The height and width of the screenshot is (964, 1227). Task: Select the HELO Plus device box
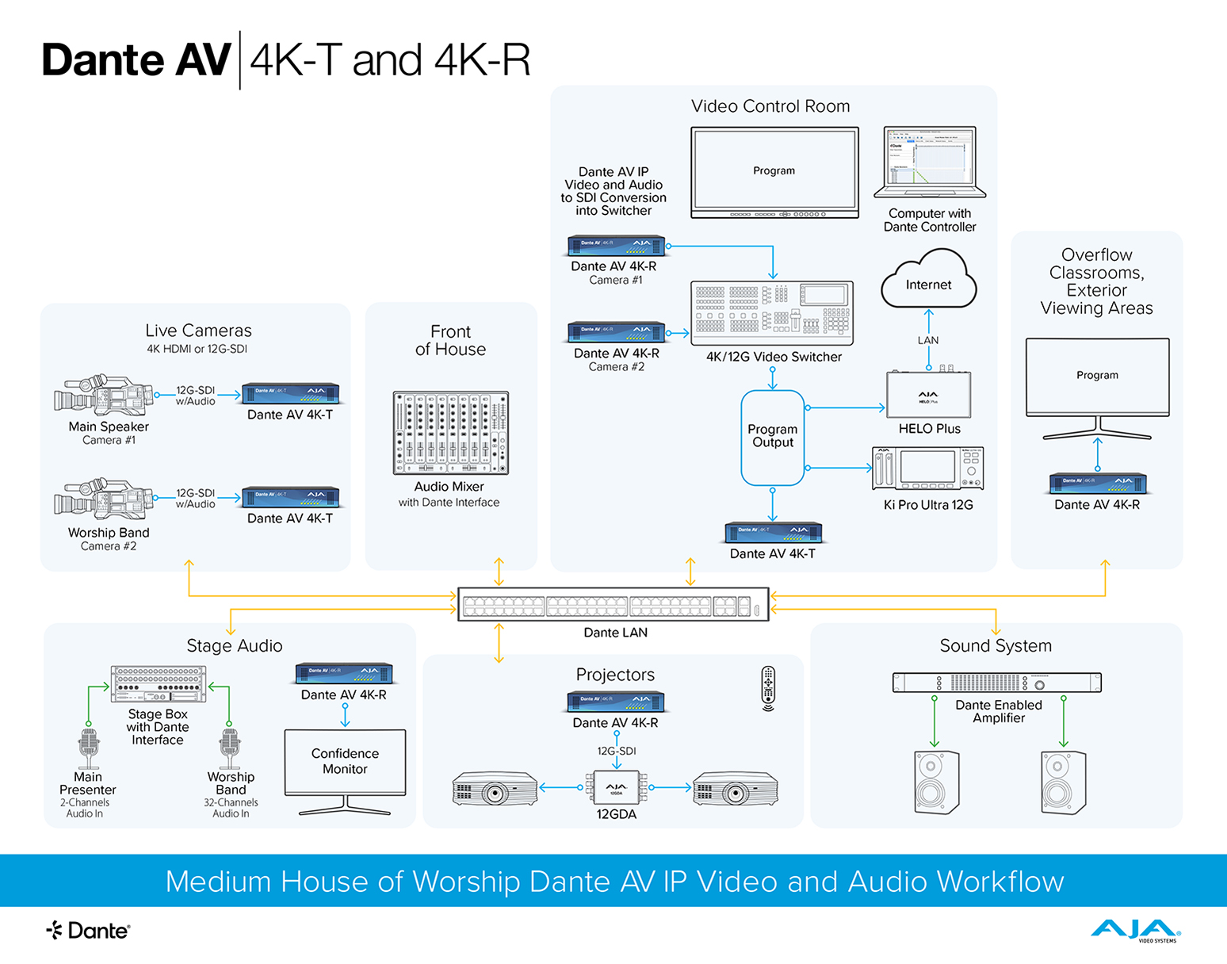pyautogui.click(x=928, y=394)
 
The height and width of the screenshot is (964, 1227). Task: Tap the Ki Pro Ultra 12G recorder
pyautogui.click(x=928, y=469)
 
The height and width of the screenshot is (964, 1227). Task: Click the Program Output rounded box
pyautogui.click(x=773, y=437)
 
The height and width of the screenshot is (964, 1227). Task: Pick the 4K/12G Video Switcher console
pyautogui.click(x=772, y=313)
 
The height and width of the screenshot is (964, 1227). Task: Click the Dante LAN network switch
pyautogui.click(x=613, y=606)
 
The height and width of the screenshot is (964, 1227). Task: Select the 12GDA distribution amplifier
pyautogui.click(x=616, y=788)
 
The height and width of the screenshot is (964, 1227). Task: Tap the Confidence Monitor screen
pyautogui.click(x=345, y=762)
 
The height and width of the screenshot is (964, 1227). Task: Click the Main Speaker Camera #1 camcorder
pyautogui.click(x=104, y=396)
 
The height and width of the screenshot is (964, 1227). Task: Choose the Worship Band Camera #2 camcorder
pyautogui.click(x=104, y=499)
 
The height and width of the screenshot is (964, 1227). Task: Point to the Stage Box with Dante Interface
pyautogui.click(x=159, y=684)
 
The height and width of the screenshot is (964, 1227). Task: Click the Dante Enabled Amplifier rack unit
pyautogui.click(x=996, y=683)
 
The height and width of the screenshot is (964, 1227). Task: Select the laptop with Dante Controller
pyautogui.click(x=930, y=163)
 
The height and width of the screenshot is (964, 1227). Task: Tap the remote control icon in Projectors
pyautogui.click(x=768, y=687)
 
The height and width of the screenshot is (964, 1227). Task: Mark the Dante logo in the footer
pyautogui.click(x=88, y=931)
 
